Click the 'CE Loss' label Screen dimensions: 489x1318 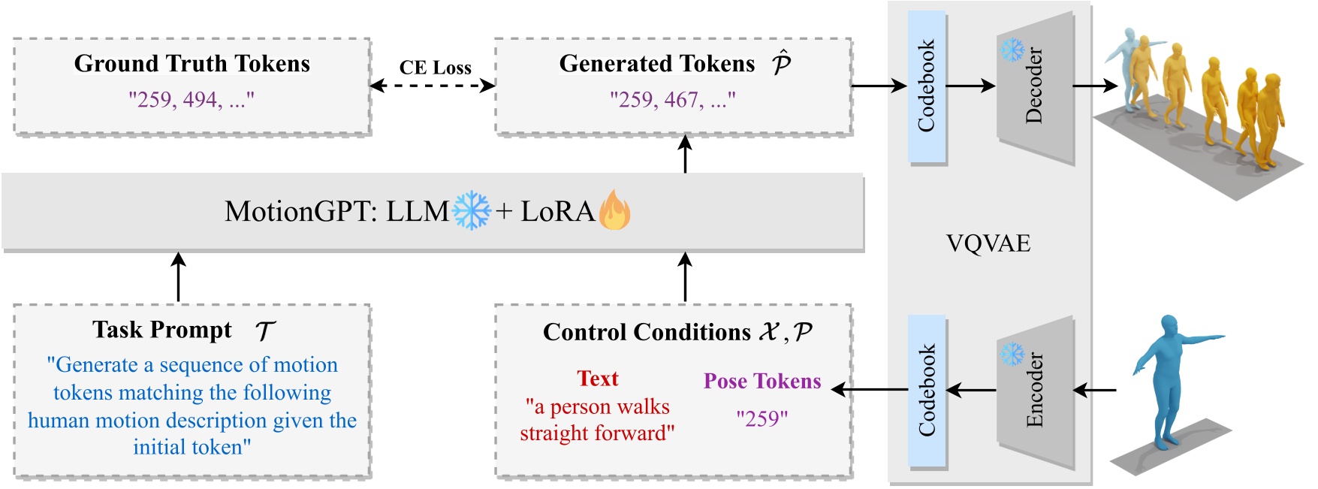(x=435, y=68)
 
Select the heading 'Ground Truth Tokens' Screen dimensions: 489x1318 (x=192, y=64)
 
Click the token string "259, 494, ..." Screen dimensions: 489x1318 (x=192, y=99)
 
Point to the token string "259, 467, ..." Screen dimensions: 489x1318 (x=672, y=99)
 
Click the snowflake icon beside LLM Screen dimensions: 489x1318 (x=472, y=210)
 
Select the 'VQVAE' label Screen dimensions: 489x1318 (x=988, y=243)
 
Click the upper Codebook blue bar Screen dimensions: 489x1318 (x=927, y=86)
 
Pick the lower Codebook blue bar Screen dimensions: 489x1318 (x=927, y=391)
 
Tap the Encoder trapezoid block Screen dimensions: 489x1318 (x=1035, y=391)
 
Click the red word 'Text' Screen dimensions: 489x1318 (x=597, y=379)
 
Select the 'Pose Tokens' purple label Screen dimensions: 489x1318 (x=762, y=381)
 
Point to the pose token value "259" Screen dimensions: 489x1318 (x=762, y=418)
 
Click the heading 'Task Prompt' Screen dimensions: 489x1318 (x=162, y=330)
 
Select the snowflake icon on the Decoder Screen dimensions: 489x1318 (x=1012, y=50)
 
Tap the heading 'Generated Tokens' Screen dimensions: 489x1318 (x=657, y=64)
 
